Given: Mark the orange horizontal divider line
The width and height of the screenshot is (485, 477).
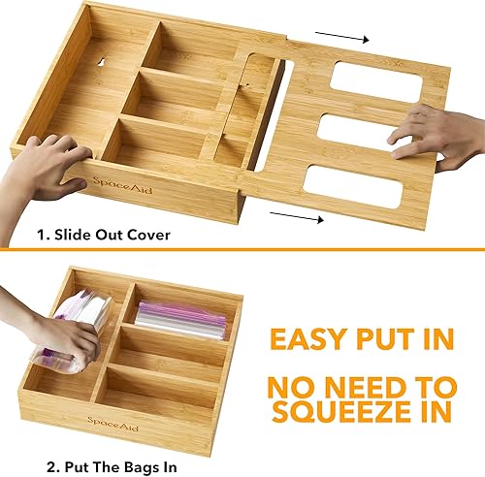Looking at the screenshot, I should [242, 251].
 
